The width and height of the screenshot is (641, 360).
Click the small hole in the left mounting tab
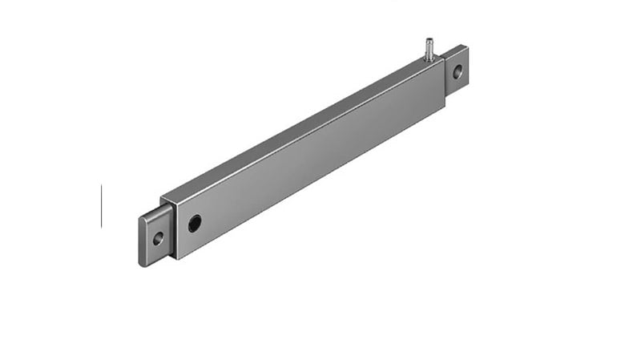158,238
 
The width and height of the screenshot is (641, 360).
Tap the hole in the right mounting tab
458,71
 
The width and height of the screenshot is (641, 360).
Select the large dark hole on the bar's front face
195,223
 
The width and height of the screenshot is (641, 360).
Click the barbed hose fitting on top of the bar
429,50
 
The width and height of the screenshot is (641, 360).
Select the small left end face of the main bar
167,229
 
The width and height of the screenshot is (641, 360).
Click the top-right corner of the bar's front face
444,65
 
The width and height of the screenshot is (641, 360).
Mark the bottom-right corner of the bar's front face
445,107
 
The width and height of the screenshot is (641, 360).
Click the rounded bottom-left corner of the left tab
142,263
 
